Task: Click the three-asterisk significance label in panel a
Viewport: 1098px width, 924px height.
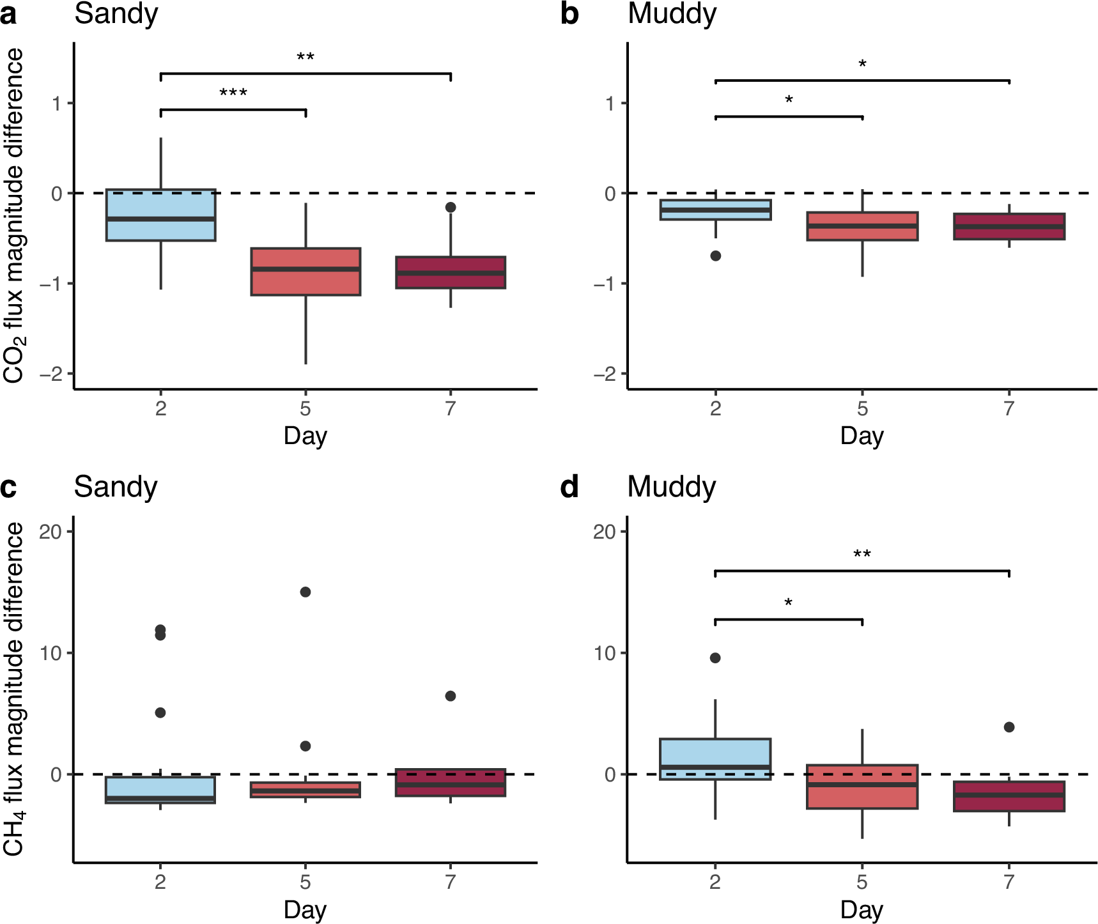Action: click(233, 94)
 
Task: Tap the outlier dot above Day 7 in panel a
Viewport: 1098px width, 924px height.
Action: click(451, 207)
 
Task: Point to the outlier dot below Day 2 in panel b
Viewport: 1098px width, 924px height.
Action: click(716, 256)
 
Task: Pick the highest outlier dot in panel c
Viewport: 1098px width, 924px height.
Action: click(305, 592)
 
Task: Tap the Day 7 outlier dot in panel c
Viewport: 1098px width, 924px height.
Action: click(451, 696)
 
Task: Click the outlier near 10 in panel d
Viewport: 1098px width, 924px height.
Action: click(715, 658)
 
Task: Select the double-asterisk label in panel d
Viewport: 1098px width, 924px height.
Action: click(862, 554)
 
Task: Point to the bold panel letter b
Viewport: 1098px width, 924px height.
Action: click(569, 14)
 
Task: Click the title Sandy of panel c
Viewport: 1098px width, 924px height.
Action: click(116, 487)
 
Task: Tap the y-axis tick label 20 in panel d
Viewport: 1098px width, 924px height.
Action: click(604, 532)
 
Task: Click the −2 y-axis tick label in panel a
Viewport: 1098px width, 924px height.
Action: click(51, 374)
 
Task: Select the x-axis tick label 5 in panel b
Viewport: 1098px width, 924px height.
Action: click(862, 408)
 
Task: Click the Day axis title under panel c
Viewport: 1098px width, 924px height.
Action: click(305, 909)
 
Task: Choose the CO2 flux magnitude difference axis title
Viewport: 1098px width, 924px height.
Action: click(14, 215)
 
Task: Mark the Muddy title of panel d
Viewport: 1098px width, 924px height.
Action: click(672, 487)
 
